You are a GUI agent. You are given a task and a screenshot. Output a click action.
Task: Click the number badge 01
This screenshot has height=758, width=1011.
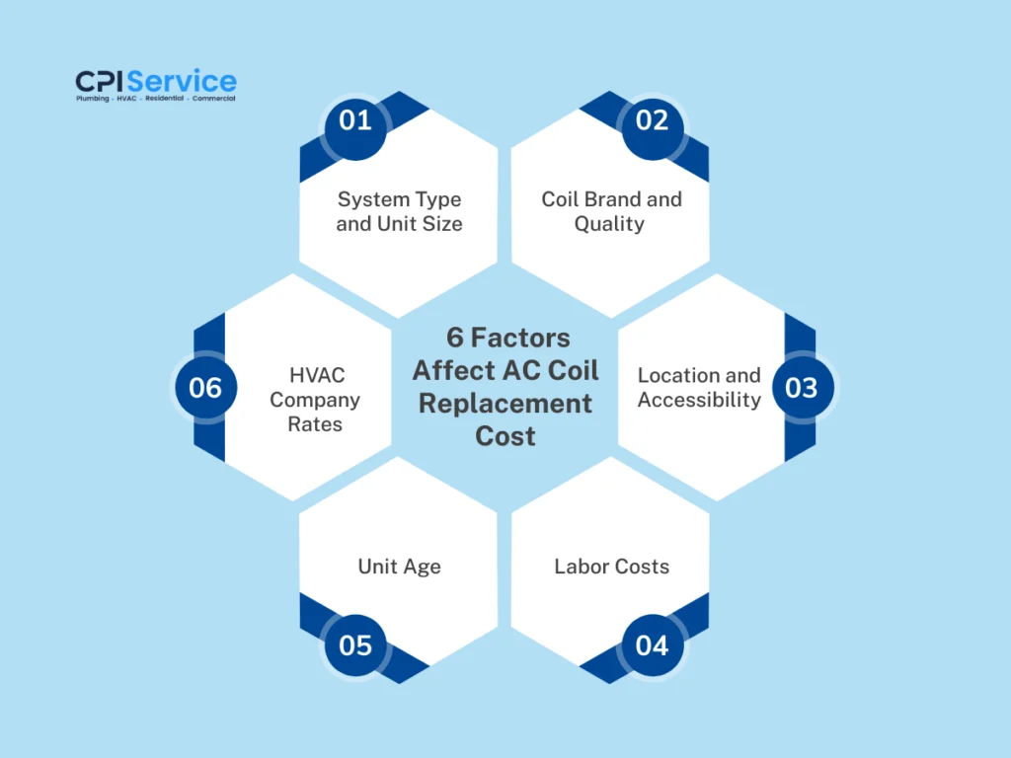355,120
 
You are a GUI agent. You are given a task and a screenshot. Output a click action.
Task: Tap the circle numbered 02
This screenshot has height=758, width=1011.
652,120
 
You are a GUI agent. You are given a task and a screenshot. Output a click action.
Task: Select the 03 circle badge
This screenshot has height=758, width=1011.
801,388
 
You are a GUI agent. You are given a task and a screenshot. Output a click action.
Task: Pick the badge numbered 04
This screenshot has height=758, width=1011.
652,645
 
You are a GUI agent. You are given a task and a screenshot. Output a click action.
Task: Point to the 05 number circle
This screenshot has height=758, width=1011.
355,645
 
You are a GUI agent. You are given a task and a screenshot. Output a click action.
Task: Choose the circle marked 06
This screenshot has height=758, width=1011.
205,388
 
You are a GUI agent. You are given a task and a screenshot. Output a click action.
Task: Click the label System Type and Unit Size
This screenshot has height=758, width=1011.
399,211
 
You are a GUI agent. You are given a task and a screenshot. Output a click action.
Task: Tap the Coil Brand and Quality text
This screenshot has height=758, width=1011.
611,211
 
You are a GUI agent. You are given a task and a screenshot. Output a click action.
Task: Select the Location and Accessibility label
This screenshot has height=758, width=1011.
699,387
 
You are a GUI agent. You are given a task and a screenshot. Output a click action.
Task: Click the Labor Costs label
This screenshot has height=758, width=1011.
611,567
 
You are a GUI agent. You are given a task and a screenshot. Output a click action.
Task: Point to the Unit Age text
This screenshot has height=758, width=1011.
399,567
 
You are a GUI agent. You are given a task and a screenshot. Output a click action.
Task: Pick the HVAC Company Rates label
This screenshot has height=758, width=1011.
315,400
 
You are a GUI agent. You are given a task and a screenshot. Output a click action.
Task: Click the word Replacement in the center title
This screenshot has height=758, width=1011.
505,404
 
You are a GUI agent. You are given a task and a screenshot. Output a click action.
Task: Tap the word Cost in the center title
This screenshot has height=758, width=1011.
505,435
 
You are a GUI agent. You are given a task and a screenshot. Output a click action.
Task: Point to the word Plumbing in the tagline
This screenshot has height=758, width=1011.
93,99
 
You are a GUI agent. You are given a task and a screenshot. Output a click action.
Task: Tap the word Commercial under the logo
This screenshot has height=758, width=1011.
211,99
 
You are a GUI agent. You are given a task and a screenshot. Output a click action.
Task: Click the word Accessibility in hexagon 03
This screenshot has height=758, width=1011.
699,400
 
